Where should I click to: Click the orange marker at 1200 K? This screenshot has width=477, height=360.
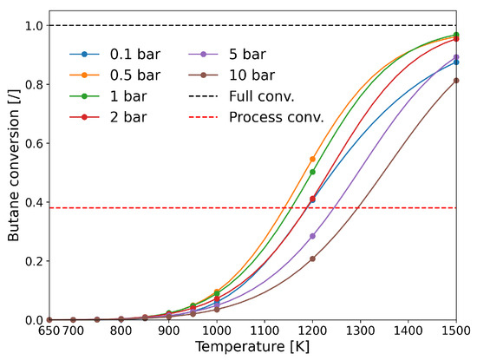click(312, 159)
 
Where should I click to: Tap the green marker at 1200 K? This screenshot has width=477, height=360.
click(312, 172)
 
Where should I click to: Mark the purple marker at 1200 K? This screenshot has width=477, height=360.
click(312, 236)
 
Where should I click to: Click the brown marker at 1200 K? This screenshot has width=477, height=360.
click(312, 259)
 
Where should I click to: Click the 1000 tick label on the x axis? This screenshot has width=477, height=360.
click(217, 331)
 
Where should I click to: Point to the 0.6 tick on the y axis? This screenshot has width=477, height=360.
click(33, 143)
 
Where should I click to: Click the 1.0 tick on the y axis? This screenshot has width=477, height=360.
click(33, 25)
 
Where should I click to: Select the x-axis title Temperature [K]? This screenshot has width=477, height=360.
click(253, 348)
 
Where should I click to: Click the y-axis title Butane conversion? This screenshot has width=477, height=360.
click(12, 172)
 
